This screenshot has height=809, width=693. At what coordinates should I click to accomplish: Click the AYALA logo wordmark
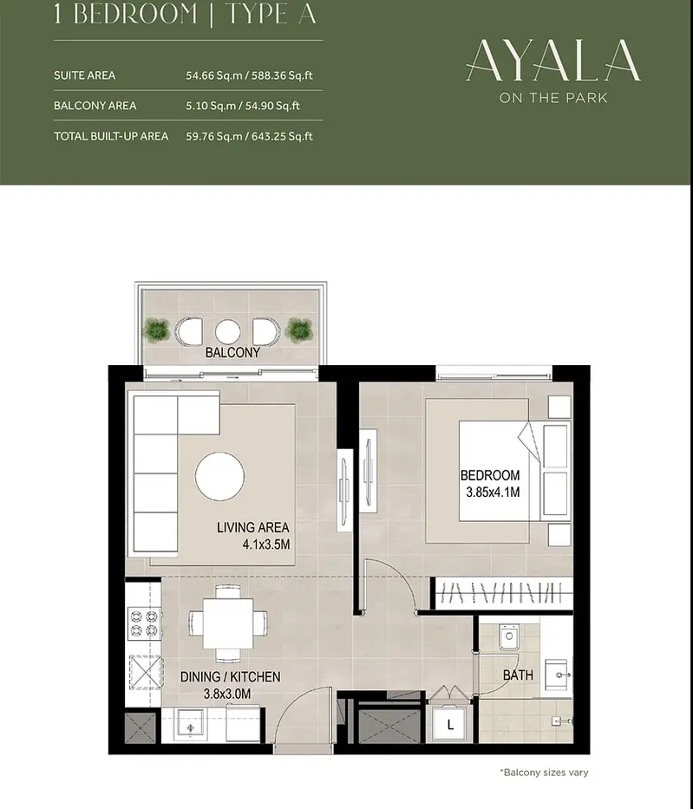point(553,61)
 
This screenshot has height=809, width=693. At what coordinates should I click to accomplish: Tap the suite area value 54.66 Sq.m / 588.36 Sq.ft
point(249,75)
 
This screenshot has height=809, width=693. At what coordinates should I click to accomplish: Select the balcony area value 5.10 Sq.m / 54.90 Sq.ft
point(243,106)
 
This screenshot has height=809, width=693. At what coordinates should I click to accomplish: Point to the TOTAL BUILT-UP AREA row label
point(111,136)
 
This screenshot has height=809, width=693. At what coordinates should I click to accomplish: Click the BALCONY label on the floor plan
point(232,352)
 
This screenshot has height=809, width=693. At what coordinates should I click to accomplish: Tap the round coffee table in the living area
point(219,476)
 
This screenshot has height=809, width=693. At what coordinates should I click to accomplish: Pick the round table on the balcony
point(227,332)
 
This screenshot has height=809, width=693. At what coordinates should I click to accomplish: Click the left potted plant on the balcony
point(156,330)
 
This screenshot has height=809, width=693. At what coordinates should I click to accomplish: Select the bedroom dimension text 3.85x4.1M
point(493,493)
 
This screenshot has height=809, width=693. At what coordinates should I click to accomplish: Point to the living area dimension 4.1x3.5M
point(266,544)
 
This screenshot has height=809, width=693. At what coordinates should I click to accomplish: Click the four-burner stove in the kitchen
point(144,623)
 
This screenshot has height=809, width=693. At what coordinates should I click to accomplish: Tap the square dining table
point(227,623)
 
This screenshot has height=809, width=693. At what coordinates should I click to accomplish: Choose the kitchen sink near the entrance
point(191,726)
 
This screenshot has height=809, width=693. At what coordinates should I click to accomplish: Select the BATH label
point(518,675)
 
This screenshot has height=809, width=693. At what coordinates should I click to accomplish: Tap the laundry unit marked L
point(449,724)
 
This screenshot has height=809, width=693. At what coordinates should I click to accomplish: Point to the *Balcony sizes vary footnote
point(544,773)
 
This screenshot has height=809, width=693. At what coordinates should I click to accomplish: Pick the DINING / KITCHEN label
point(230,677)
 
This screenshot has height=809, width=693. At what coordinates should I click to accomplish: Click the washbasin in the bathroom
point(558,675)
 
